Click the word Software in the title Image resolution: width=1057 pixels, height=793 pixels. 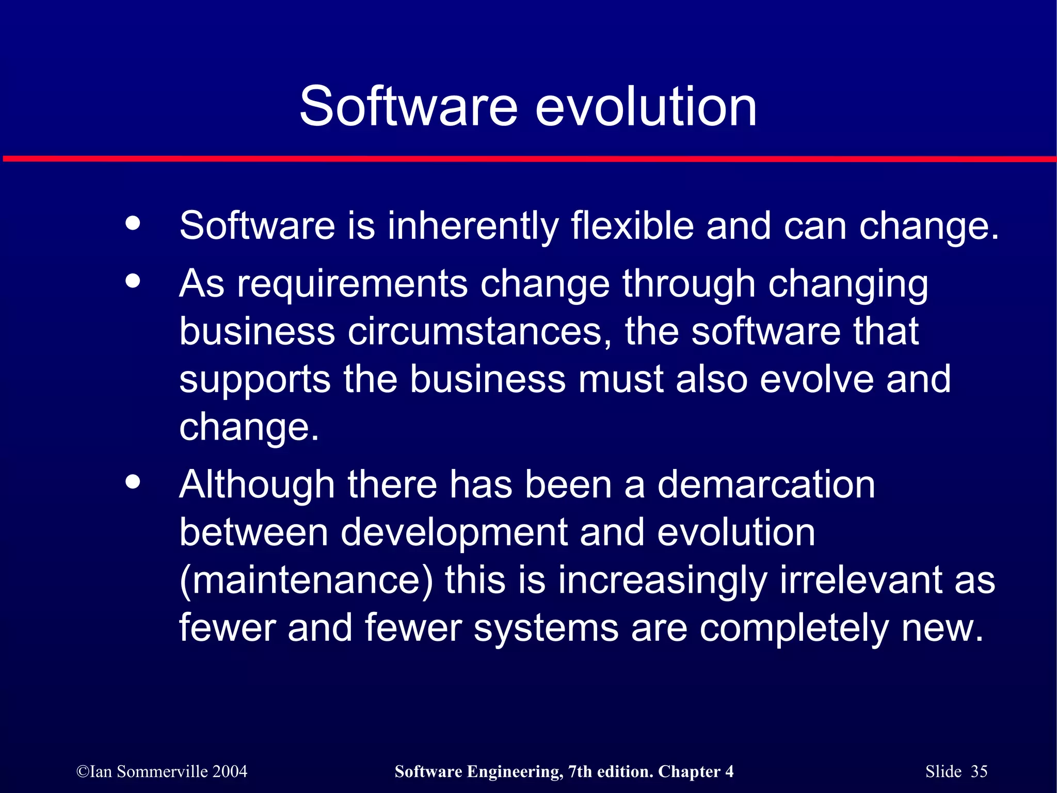[408, 107]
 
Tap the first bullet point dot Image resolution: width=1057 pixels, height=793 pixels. [133, 223]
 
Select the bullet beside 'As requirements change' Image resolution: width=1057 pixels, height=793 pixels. [133, 281]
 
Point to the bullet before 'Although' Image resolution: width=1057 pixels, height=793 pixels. [133, 482]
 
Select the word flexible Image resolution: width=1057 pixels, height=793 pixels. [632, 226]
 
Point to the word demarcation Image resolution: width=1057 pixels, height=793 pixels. [766, 485]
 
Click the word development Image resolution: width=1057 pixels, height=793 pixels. [454, 533]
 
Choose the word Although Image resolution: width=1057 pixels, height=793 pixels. [257, 485]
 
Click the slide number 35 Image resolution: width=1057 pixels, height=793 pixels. [979, 771]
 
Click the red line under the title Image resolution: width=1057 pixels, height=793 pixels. [528, 159]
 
